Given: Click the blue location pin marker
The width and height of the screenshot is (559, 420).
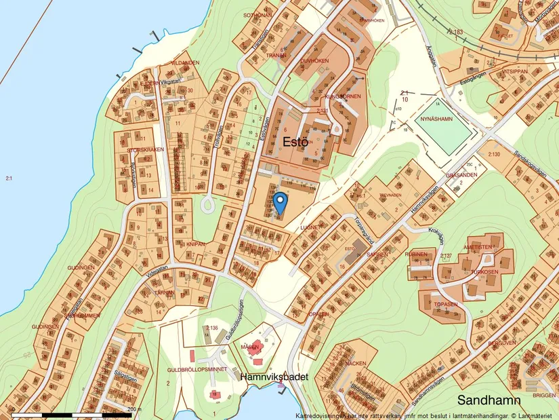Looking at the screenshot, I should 280,202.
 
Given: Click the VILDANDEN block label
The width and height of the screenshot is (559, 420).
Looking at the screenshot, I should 186,62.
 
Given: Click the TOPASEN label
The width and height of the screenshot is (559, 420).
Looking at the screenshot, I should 447,304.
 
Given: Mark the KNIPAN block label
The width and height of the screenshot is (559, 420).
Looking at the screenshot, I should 196,242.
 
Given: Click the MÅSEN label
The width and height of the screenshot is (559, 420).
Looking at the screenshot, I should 250,346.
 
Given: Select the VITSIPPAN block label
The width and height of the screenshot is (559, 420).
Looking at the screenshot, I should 514,70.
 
